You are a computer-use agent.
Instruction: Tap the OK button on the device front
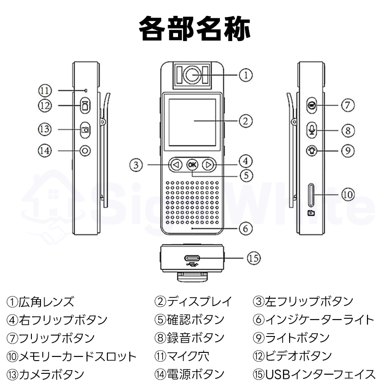pyautogui.click(x=192, y=164)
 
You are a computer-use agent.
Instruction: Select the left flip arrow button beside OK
pyautogui.click(x=176, y=164)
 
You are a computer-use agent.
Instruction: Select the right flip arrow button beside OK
pyautogui.click(x=208, y=164)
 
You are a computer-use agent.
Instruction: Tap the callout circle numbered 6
pyautogui.click(x=245, y=228)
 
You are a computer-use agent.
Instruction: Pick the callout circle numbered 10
pyautogui.click(x=347, y=194)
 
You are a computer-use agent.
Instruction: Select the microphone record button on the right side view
pyautogui.click(x=311, y=130)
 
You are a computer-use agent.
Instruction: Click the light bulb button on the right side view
pyautogui.click(x=311, y=150)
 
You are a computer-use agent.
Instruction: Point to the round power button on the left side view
pyautogui.click(x=85, y=150)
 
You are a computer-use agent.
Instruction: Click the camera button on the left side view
pyautogui.click(x=85, y=130)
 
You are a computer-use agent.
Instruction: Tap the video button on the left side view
pyautogui.click(x=85, y=106)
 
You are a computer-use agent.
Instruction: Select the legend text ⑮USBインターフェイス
pyautogui.click(x=314, y=374)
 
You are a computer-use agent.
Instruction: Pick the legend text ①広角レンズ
pyautogui.click(x=40, y=301)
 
